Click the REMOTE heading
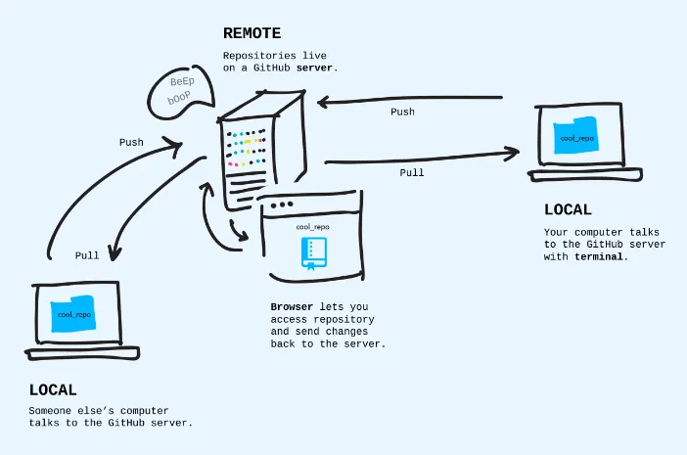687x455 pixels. (252, 33)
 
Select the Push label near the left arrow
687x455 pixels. (131, 143)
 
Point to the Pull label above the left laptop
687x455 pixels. (87, 255)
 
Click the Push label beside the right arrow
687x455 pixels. (402, 113)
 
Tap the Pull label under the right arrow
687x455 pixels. (412, 172)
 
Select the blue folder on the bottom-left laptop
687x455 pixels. (73, 314)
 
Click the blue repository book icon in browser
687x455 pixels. (312, 253)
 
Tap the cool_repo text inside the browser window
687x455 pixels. (312, 227)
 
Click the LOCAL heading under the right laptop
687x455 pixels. (568, 210)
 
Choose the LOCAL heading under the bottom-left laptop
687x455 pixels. (53, 389)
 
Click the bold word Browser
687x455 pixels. (292, 307)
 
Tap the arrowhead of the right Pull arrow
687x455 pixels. (511, 152)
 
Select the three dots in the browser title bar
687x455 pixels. (282, 205)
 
